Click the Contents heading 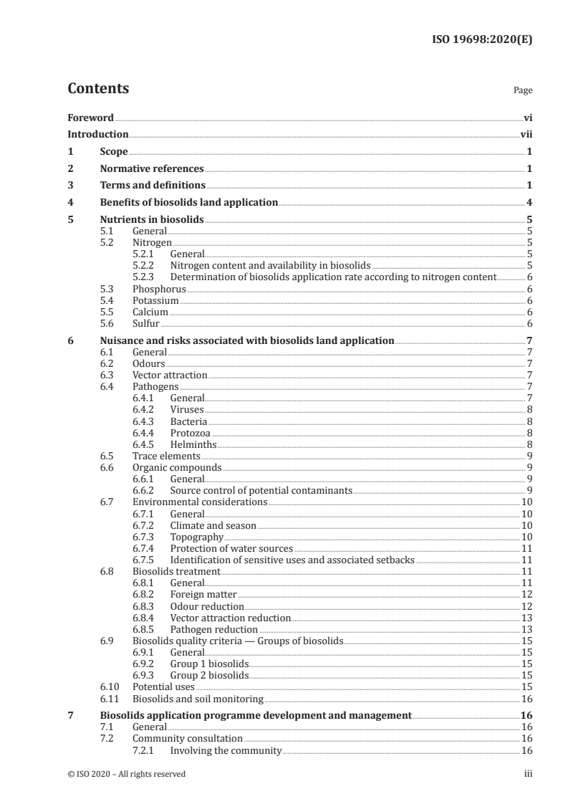pos(98,90)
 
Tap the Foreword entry pos(90,118)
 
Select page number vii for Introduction pos(526,134)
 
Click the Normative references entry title pos(152,169)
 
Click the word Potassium pos(155,301)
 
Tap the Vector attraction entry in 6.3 pos(170,375)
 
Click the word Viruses pos(187,410)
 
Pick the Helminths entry pos(193,444)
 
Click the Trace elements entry pos(166,456)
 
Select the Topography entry pos(197,537)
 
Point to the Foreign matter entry pos(203,594)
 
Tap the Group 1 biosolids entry pos(209,664)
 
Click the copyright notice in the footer pos(126,774)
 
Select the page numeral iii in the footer pos(527,774)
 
